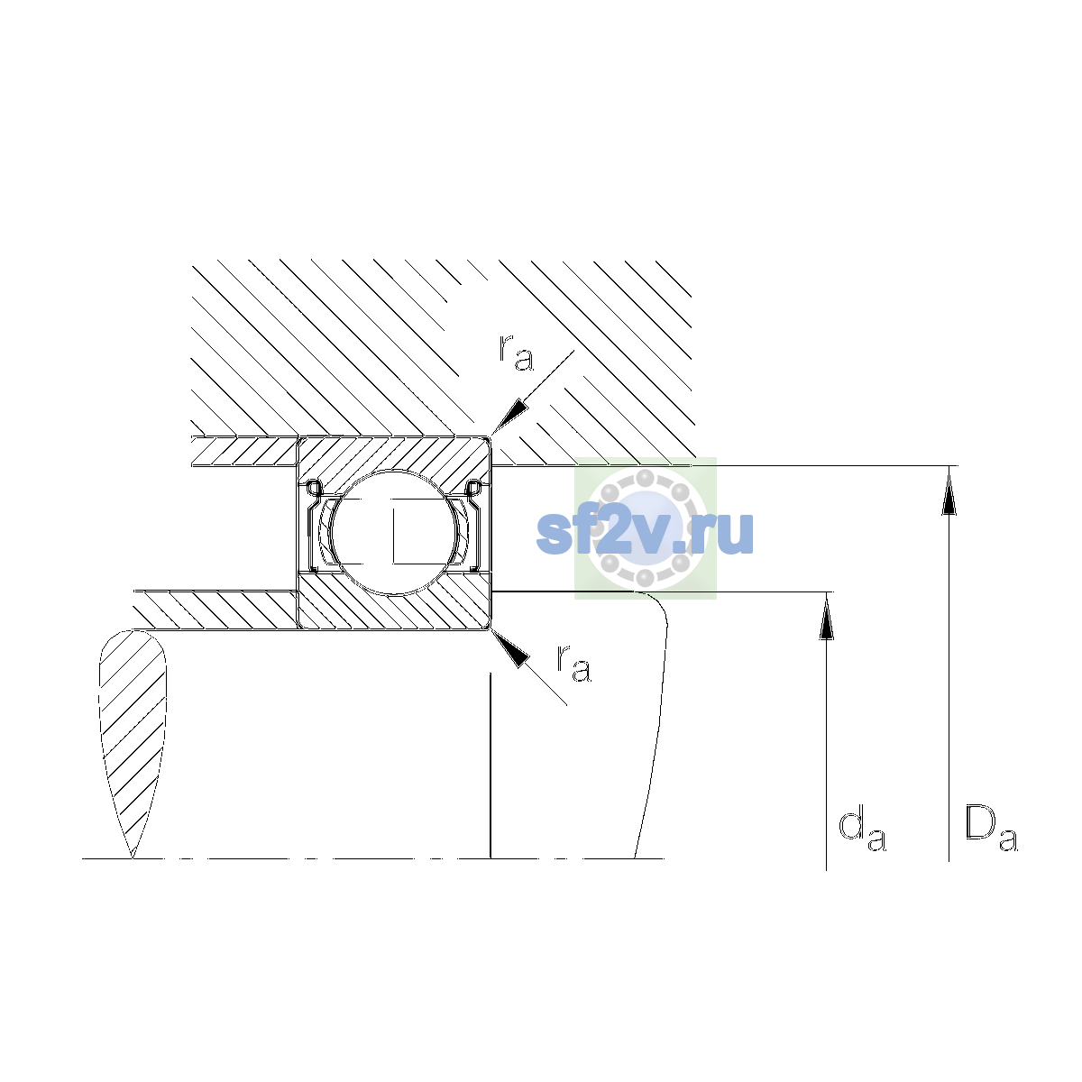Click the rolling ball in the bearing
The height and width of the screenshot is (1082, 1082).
[x=394, y=532]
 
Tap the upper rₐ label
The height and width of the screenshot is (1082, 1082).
[x=516, y=353]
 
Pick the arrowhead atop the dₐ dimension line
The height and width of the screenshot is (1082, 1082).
[x=826, y=617]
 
